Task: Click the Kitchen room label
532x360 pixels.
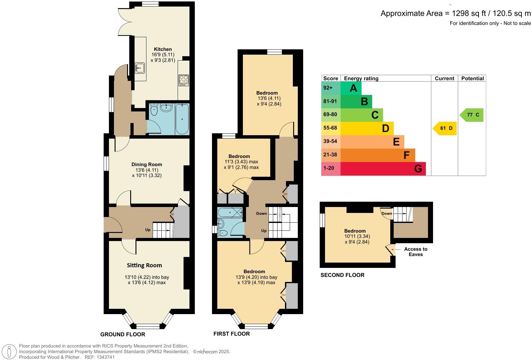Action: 163,49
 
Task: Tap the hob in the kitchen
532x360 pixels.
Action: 183,80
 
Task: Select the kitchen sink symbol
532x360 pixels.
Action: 140,67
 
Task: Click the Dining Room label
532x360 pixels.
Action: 146,164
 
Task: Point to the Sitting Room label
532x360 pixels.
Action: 144,265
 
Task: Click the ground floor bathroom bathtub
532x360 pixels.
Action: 182,119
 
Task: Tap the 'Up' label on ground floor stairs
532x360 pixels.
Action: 148,229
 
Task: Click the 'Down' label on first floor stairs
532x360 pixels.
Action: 261,214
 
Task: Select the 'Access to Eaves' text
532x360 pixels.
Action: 416,252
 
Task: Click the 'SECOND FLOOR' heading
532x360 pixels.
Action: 342,275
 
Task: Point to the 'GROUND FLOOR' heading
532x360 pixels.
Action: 123,334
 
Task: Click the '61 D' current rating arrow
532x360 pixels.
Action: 445,128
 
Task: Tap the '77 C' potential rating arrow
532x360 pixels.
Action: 472,115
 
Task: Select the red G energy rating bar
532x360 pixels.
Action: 383,169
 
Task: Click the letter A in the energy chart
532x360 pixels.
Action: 353,88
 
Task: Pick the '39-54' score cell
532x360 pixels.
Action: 330,141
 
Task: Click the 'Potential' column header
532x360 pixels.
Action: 472,78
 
